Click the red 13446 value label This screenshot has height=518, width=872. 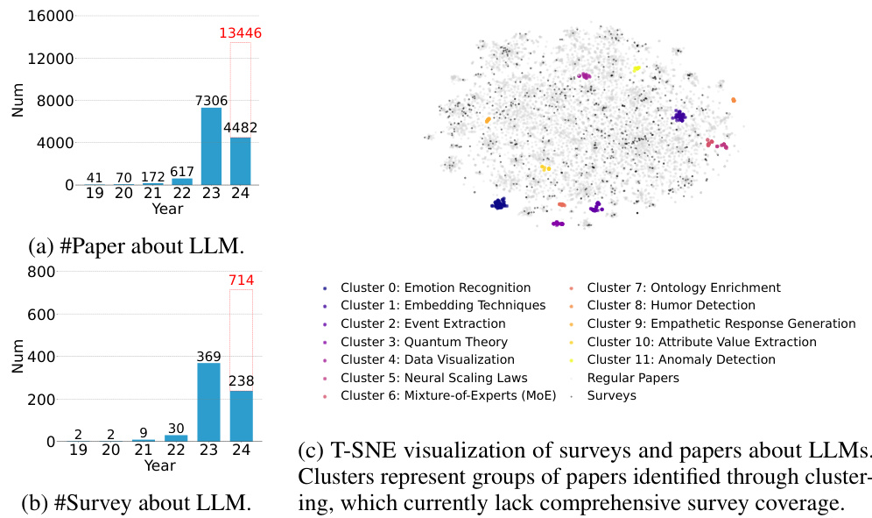click(241, 34)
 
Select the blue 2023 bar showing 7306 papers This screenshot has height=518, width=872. click(211, 146)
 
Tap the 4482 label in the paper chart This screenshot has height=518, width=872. click(241, 129)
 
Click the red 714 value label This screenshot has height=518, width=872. click(241, 280)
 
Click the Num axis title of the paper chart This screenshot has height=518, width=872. click(18, 100)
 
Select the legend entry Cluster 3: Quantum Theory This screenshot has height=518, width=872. click(424, 342)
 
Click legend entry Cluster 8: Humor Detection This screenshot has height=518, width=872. click(671, 305)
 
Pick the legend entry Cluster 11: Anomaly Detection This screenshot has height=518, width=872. click(681, 359)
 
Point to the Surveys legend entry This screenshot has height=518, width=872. click(612, 395)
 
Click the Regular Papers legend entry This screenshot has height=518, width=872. click(633, 378)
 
